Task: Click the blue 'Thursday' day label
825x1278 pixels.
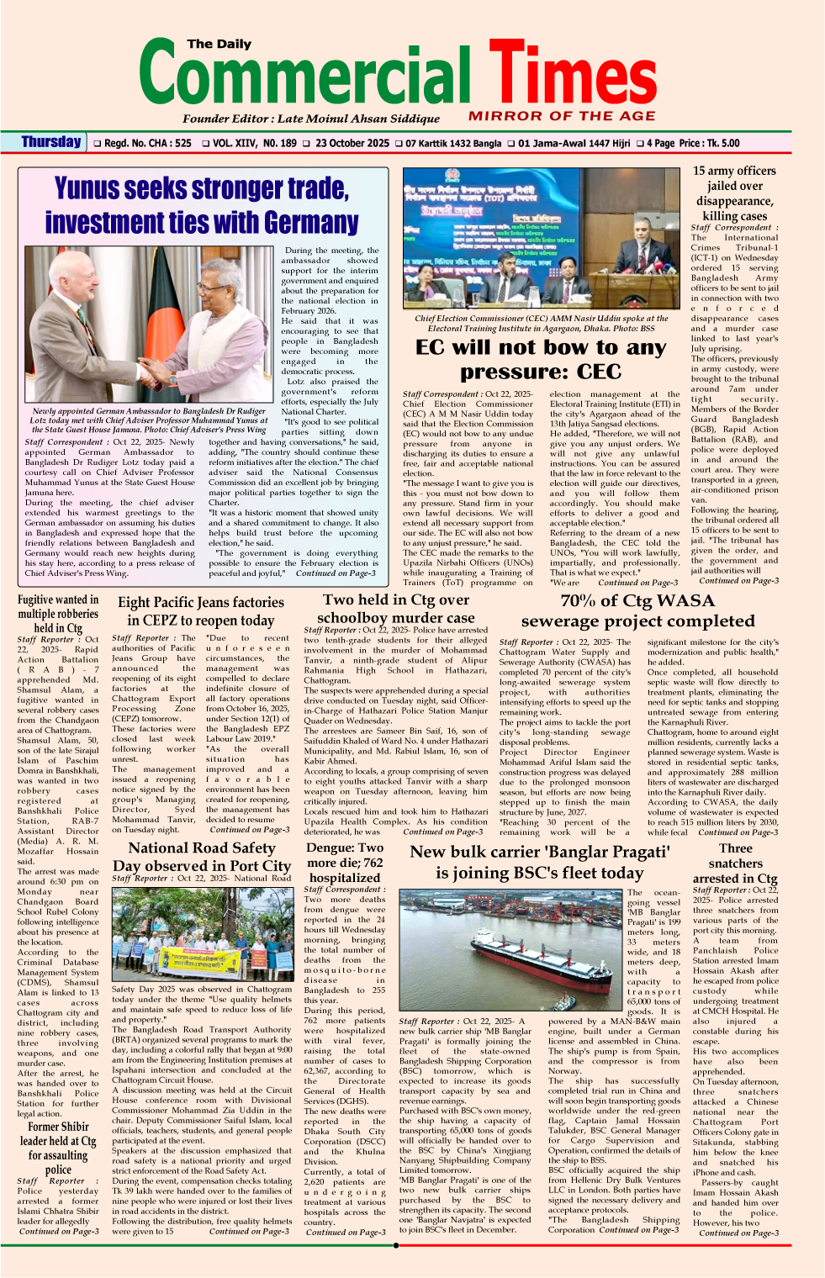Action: (51, 142)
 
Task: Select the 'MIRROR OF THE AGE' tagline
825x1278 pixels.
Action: (562, 116)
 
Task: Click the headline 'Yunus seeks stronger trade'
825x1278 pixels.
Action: (201, 188)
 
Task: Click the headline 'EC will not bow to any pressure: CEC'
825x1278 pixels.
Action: (540, 359)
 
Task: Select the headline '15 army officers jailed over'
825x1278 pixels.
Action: (734, 178)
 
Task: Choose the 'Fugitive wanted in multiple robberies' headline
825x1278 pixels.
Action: (58, 613)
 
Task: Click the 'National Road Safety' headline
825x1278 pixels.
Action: (201, 848)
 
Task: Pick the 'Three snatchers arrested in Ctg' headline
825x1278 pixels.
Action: (735, 863)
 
